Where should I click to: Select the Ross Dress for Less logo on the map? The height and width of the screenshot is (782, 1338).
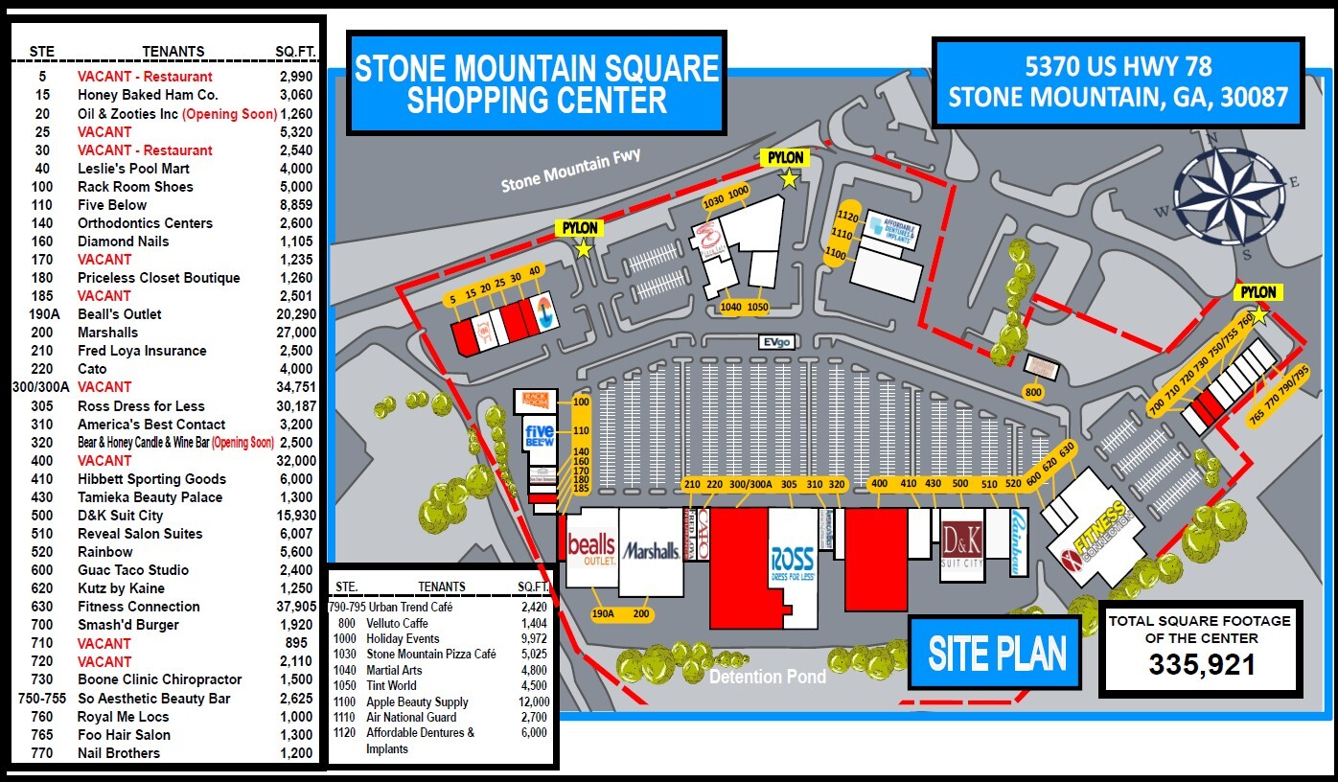tap(793, 564)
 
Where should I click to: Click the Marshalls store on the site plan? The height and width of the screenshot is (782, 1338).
tap(651, 551)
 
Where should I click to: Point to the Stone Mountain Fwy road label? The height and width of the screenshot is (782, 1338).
tap(570, 170)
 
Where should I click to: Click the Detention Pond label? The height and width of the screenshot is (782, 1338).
tap(767, 678)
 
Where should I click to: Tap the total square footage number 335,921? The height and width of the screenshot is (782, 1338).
tap(1202, 664)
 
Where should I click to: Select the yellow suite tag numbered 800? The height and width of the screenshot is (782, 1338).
tap(1032, 392)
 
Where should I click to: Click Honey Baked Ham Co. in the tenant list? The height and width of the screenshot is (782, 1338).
tap(148, 95)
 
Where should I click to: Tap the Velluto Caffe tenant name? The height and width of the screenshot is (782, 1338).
tap(397, 623)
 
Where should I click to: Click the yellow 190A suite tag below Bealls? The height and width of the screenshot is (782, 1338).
tap(603, 614)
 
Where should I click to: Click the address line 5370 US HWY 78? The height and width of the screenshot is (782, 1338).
tap(1118, 67)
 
